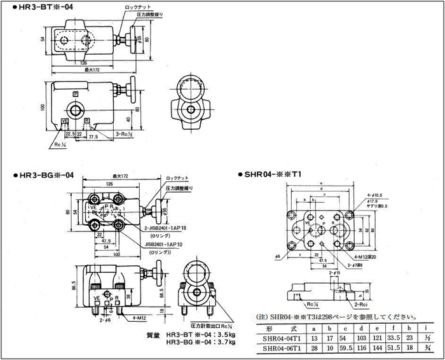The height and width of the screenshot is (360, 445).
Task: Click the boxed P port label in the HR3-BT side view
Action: (76, 94)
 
